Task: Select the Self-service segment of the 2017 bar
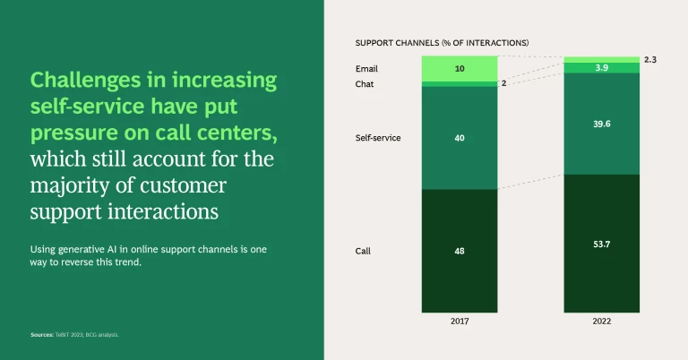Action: point(459,138)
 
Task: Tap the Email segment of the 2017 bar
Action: point(459,67)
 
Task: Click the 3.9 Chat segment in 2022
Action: point(601,68)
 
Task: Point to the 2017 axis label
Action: point(459,321)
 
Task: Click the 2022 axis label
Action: point(601,321)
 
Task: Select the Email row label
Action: point(367,68)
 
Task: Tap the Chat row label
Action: point(365,84)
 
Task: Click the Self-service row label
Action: point(378,138)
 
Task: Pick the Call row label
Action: point(364,252)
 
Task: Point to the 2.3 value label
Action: point(650,59)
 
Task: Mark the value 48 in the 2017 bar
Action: point(459,252)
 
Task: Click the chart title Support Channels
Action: point(442,43)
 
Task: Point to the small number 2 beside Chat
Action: point(504,83)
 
